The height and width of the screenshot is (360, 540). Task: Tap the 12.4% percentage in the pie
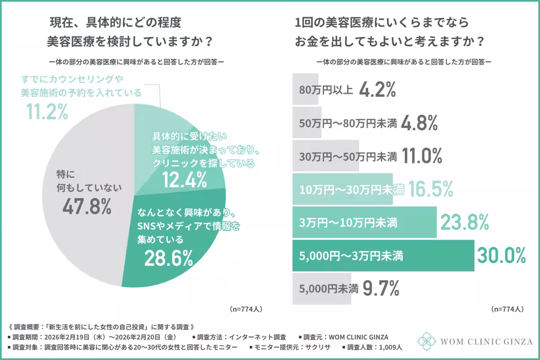click(x=184, y=180)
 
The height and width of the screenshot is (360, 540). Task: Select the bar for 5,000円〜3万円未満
click(x=383, y=256)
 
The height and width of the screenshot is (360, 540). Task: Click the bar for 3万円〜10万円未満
click(x=364, y=222)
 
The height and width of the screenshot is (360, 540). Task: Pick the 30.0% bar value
click(x=501, y=256)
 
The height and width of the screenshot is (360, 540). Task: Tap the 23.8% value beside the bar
click(x=464, y=222)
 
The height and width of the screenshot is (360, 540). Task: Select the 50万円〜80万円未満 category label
click(x=348, y=123)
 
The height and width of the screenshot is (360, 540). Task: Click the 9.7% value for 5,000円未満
click(x=381, y=288)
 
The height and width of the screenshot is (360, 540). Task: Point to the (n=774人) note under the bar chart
click(x=507, y=309)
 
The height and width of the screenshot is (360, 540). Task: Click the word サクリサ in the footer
click(x=319, y=347)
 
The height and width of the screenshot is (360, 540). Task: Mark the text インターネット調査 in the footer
click(x=259, y=337)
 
